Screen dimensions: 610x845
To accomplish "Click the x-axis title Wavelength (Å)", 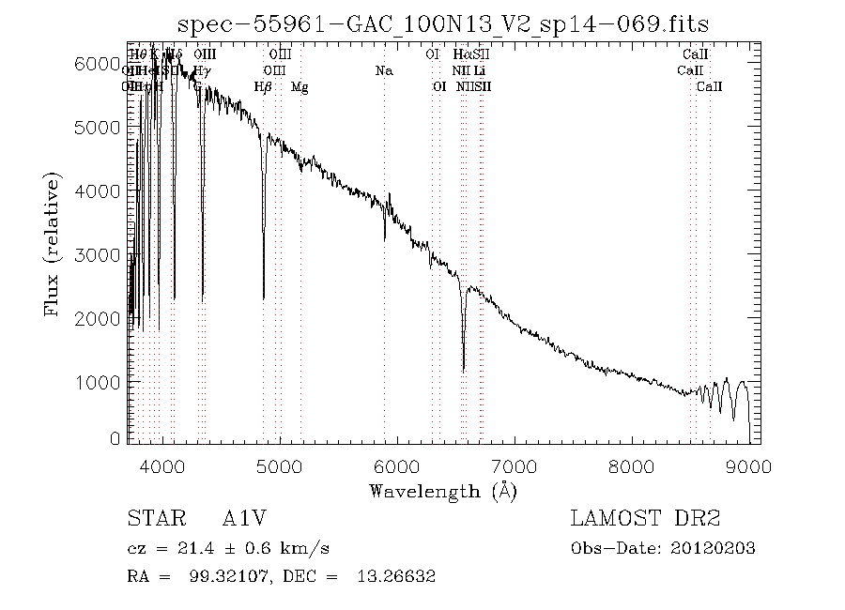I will coord(443,490).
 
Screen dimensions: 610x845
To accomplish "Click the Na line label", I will coord(383,71).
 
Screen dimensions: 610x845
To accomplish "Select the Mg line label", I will coord(300,87).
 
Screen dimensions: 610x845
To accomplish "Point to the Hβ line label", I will coord(264,87).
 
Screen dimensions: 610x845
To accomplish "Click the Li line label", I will coord(479,71).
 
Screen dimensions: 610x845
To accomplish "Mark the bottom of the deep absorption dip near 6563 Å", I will coord(463,371).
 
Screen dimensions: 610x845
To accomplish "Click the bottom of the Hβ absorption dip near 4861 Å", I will coord(264,297).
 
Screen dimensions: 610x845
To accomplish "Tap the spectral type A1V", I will coord(242,519).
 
